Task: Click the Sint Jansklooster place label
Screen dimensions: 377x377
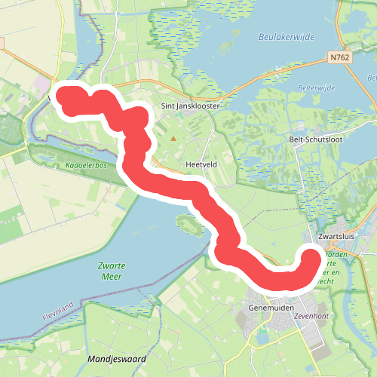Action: click(x=190, y=106)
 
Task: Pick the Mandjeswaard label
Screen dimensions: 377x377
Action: click(x=117, y=359)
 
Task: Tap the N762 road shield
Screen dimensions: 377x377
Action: click(x=340, y=57)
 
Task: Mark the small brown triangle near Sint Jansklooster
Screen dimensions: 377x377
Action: click(x=173, y=138)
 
